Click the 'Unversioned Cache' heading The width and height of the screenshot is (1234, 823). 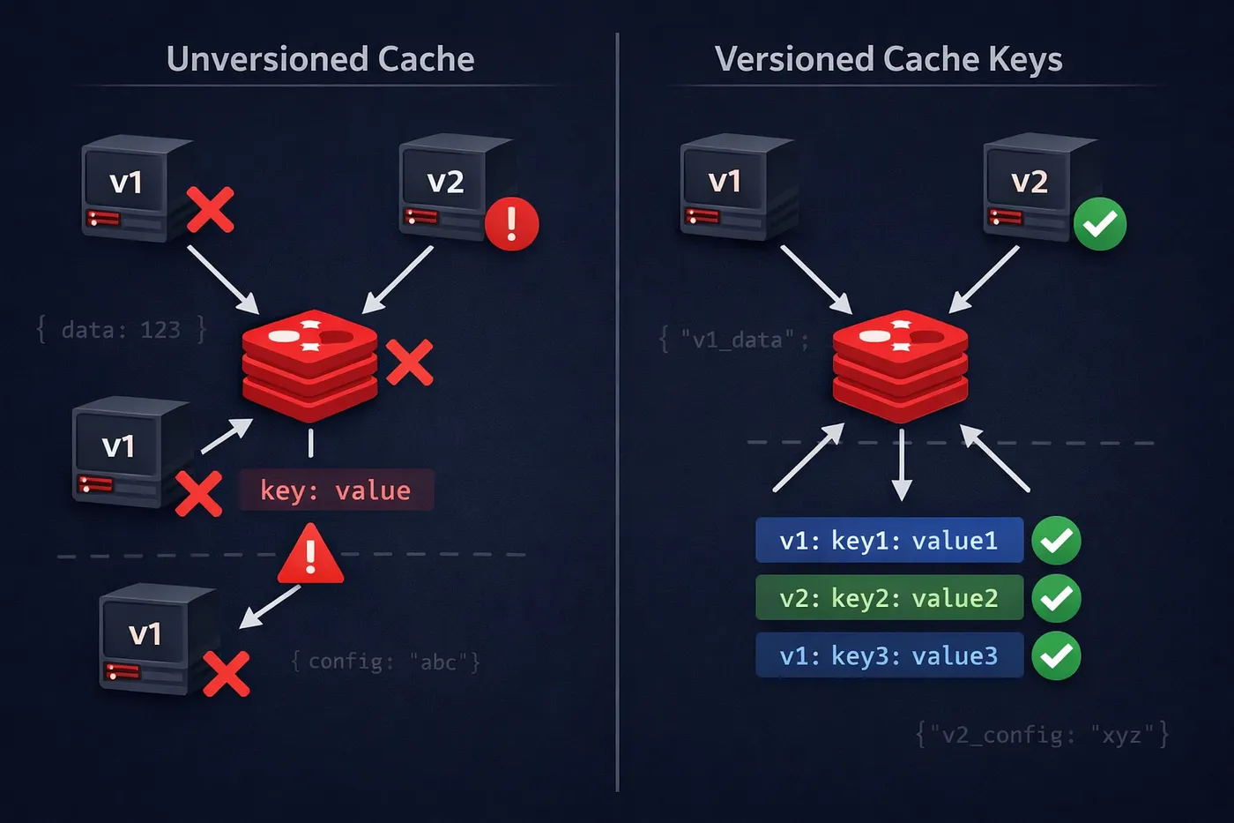320,59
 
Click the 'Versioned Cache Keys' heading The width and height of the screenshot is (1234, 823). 888,59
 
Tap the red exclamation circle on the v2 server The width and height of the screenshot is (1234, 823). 511,224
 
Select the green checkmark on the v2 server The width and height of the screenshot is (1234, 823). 1099,224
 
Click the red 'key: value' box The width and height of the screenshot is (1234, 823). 336,490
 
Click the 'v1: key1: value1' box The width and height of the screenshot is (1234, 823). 888,540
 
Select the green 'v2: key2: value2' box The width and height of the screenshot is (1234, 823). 888,598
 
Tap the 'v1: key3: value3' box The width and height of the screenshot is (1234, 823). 888,655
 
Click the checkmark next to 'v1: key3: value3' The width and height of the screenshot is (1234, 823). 1056,655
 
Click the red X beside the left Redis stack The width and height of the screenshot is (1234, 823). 410,363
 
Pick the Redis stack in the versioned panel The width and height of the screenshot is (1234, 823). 900,365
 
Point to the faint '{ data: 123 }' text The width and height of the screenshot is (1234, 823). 121,330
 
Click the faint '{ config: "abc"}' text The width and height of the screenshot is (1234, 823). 385,662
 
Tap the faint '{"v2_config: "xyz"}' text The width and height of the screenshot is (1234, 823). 1042,734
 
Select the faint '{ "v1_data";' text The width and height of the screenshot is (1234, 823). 733,340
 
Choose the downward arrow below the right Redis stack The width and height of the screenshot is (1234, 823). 901,466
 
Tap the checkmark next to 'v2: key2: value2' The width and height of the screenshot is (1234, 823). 1056,598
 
